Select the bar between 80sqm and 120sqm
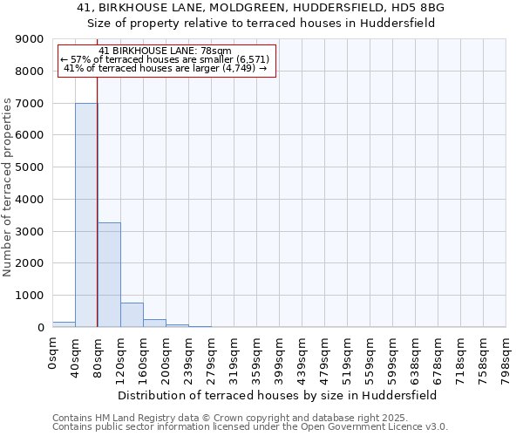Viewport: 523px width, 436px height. pos(109,275)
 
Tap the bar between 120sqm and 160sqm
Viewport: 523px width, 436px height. pos(132,315)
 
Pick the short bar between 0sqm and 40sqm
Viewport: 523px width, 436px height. pos(64,324)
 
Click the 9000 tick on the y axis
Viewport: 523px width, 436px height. pos(30,39)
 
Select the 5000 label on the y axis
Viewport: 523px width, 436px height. pos(30,167)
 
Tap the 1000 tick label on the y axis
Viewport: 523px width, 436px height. pos(30,296)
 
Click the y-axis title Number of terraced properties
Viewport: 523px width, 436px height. pos(9,187)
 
